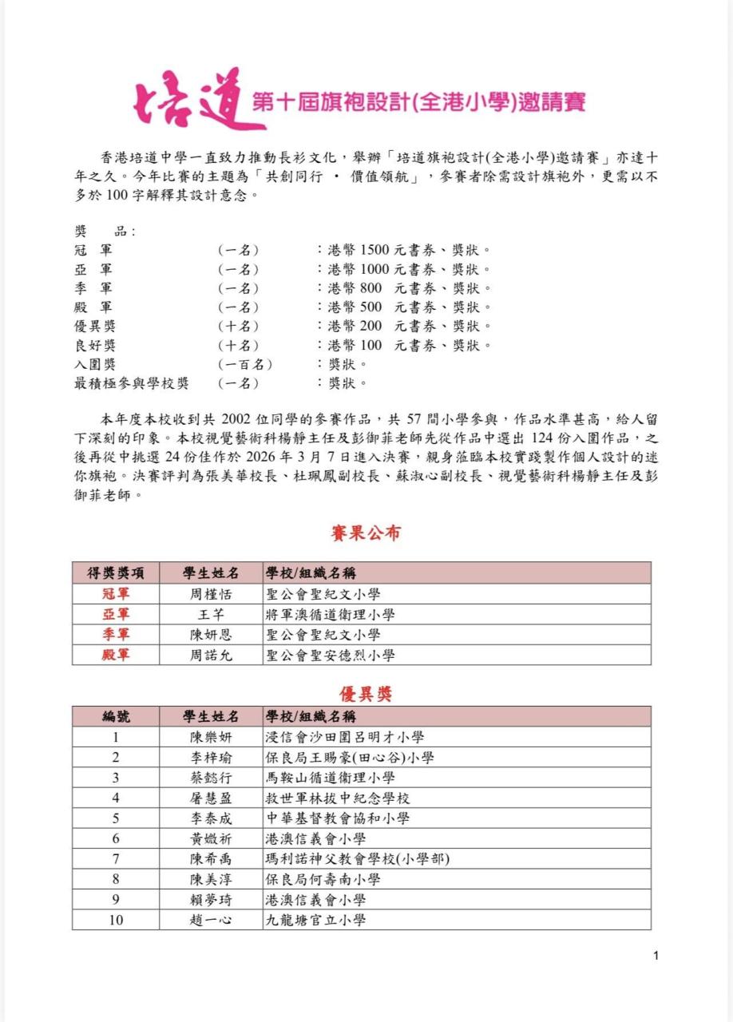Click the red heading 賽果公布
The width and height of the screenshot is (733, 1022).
pyautogui.click(x=366, y=533)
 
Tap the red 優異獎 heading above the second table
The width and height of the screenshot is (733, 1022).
pyautogui.click(x=366, y=694)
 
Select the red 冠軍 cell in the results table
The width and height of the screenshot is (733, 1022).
pyautogui.click(x=116, y=594)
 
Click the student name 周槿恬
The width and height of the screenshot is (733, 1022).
pyautogui.click(x=211, y=594)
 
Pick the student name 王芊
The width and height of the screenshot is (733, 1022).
pyautogui.click(x=211, y=615)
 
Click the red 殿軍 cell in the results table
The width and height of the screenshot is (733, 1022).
pyautogui.click(x=116, y=656)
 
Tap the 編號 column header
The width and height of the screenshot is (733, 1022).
pyautogui.click(x=116, y=717)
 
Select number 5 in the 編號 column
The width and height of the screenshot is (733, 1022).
pyautogui.click(x=116, y=818)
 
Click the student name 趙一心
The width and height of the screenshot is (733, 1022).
pyautogui.click(x=211, y=920)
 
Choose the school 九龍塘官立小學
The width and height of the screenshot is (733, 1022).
pyautogui.click(x=315, y=920)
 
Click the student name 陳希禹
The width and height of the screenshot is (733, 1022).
pyautogui.click(x=211, y=859)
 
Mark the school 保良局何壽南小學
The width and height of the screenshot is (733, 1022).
pyautogui.click(x=323, y=879)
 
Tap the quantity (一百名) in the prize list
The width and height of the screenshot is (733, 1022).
pyautogui.click(x=245, y=364)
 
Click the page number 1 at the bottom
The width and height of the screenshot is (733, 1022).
pyautogui.click(x=656, y=956)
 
